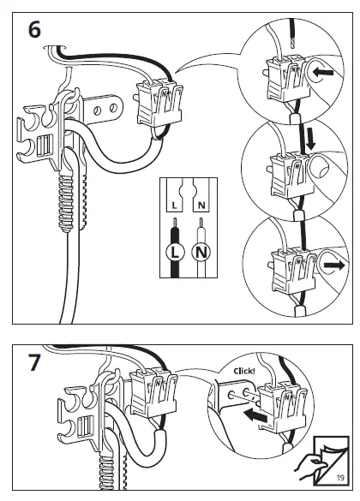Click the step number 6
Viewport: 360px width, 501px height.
34,30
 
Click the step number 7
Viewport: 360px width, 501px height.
34,362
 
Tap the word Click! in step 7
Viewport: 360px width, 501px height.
244,371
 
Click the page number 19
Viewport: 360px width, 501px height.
340,478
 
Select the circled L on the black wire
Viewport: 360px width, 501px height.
175,253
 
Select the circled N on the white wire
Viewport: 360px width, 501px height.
201,253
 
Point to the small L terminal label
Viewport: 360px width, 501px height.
174,206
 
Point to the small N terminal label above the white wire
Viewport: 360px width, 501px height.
201,206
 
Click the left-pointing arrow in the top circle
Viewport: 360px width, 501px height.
323,72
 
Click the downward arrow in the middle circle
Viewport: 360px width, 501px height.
310,139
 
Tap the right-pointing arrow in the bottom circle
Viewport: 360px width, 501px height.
334,265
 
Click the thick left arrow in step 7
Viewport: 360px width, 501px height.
255,416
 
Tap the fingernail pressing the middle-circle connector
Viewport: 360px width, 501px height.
321,170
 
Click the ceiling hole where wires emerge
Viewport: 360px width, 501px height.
55,48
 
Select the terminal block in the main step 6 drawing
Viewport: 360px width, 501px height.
159,104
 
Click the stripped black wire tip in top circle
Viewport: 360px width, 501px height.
292,43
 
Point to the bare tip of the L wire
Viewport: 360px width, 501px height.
175,223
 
